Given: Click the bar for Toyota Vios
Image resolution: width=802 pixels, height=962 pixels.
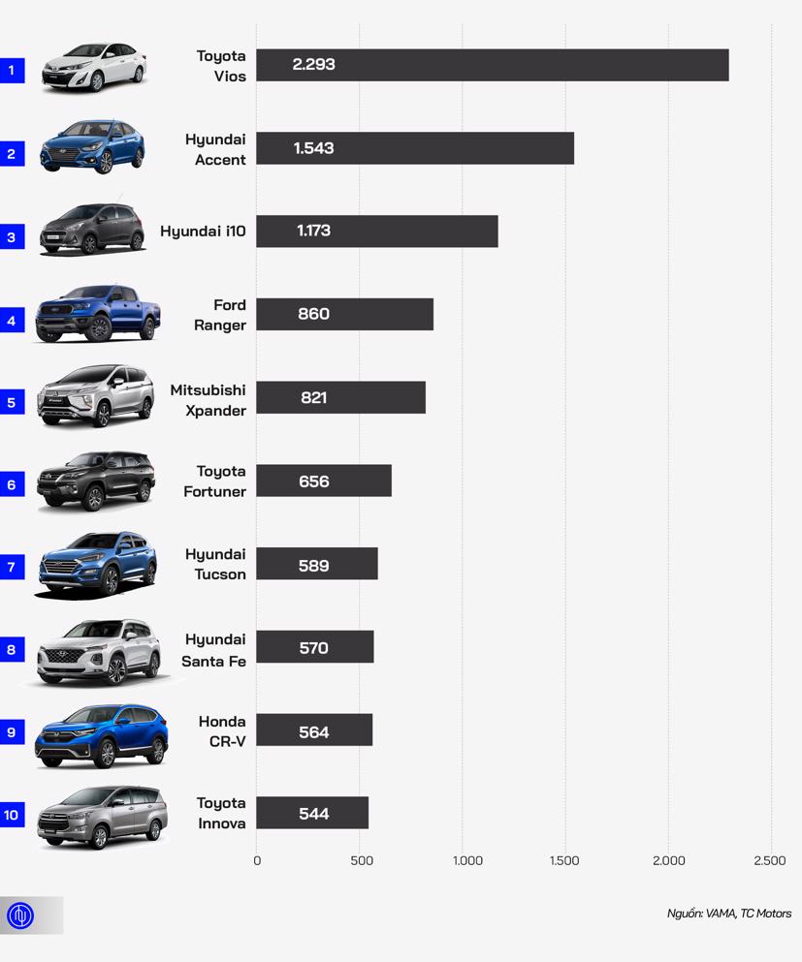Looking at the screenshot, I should click(x=492, y=65).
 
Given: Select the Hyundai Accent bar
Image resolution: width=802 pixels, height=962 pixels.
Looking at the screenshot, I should click(x=415, y=148).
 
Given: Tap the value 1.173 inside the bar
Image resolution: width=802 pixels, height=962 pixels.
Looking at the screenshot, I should click(x=313, y=232).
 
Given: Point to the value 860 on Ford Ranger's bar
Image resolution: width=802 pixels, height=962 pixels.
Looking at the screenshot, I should click(x=313, y=314).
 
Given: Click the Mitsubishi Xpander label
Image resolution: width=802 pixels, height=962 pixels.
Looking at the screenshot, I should click(x=208, y=400).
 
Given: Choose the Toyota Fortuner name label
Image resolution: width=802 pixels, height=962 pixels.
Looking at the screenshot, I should click(x=215, y=481).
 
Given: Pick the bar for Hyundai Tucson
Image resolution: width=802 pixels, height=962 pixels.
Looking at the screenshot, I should click(x=317, y=565).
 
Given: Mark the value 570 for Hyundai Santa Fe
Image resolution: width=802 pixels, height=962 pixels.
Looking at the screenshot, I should click(x=313, y=648).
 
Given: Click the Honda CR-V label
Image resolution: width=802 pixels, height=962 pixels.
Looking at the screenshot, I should click(x=222, y=731).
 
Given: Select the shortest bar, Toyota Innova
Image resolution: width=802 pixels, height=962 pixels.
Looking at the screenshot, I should click(x=312, y=814).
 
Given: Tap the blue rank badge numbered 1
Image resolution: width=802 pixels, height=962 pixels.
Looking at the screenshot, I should click(x=12, y=70).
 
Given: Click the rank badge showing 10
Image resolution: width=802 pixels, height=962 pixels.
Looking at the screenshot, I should click(x=12, y=815).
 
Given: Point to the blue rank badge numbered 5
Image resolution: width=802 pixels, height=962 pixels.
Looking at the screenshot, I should click(x=12, y=402).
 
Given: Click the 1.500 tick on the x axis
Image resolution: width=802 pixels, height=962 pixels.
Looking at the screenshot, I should click(x=563, y=860).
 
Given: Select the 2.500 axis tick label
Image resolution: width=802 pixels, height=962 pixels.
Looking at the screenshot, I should click(x=769, y=860).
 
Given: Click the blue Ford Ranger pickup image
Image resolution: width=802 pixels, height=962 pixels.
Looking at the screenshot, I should click(x=96, y=313).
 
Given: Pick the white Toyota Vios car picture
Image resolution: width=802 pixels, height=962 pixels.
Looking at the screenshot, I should click(x=94, y=67).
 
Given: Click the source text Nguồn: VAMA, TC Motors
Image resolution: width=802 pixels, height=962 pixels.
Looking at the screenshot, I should click(x=728, y=914).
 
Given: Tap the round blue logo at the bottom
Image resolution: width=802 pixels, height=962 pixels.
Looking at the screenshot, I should click(x=20, y=915).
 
